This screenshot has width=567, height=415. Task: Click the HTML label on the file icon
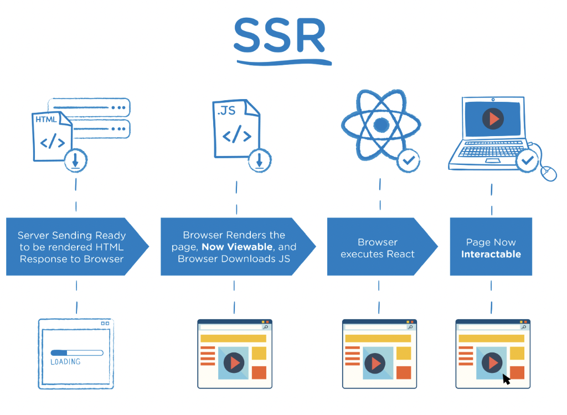pos(45,120)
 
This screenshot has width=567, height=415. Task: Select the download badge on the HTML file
pos(75,160)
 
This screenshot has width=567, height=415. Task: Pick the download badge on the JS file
pos(259,160)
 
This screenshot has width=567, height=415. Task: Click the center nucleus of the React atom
pos(382,124)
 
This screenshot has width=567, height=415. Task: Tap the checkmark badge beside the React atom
pos(409,160)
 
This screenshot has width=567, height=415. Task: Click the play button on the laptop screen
pos(492,118)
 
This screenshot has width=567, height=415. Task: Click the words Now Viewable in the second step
pos(237,247)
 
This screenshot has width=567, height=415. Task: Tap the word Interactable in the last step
pos(491,255)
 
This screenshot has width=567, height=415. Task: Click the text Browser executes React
pos(378,248)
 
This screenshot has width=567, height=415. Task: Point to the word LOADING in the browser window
pos(65,362)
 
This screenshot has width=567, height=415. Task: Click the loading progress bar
pos(76,352)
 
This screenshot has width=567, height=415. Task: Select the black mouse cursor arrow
pos(506,378)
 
